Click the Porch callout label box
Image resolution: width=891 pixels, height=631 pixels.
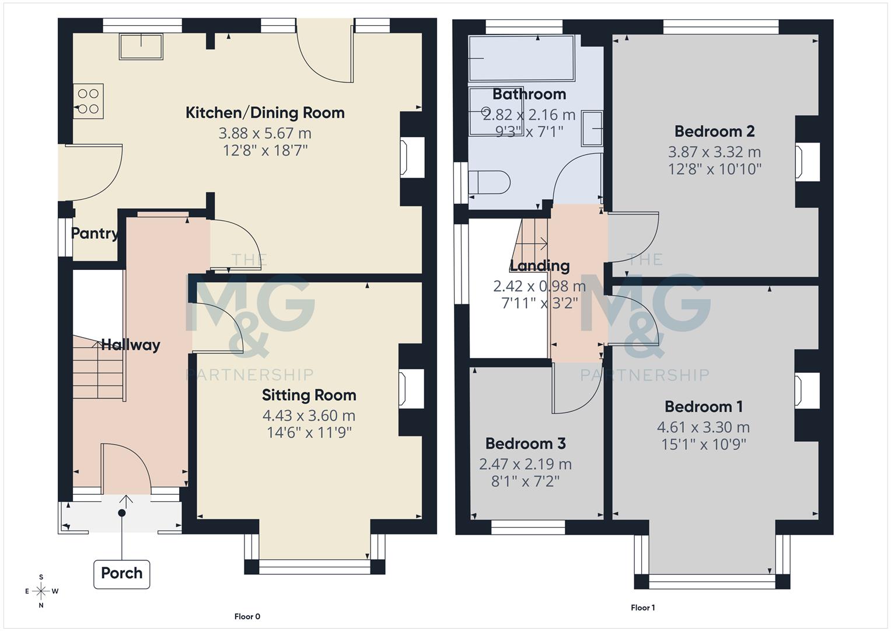click(x=121, y=573)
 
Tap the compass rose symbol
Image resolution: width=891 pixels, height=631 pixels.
click(x=41, y=591)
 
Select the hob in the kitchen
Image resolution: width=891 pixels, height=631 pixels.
click(x=88, y=101)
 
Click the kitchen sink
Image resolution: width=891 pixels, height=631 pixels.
click(x=141, y=46)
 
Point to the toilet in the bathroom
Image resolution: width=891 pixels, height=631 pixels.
click(x=489, y=182)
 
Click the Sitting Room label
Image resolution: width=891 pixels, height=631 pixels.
click(x=309, y=396)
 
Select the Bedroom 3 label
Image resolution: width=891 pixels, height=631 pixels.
click(x=525, y=444)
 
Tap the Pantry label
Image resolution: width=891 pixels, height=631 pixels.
click(x=94, y=234)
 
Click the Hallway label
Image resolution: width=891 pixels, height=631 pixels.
click(x=131, y=345)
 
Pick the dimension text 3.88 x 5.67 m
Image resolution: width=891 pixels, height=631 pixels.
click(x=265, y=133)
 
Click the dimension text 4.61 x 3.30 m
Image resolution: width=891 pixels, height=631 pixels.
click(x=703, y=428)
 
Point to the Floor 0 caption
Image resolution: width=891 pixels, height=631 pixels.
click(x=247, y=616)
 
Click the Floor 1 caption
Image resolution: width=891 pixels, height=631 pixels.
click(x=642, y=608)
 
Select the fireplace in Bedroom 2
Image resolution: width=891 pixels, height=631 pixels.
click(x=808, y=161)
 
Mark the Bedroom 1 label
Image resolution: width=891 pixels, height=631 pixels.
click(x=703, y=407)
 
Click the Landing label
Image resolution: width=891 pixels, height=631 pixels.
click(x=540, y=266)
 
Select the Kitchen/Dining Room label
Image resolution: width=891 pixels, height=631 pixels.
click(x=265, y=113)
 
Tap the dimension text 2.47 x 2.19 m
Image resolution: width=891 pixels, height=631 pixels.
click(x=525, y=464)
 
